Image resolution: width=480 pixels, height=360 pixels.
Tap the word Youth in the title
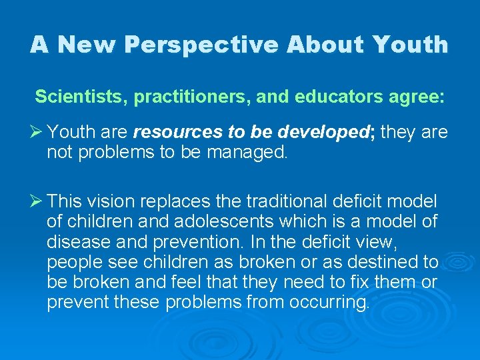411,45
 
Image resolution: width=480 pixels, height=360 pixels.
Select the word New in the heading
86,45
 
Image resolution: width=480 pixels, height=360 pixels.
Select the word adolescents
191,221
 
